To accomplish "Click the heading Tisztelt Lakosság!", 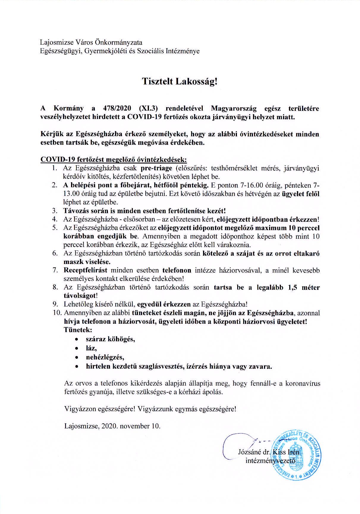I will click(x=180, y=82).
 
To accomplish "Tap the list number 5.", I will click(x=54, y=228).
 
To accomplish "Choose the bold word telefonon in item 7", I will click(x=177, y=271).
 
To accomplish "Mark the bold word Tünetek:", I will click(x=78, y=330).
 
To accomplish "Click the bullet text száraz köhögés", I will click(x=110, y=339).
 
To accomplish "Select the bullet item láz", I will click(x=91, y=348).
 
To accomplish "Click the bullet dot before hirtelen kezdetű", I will click(x=77, y=367).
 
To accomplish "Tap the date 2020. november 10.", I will click(x=131, y=426).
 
